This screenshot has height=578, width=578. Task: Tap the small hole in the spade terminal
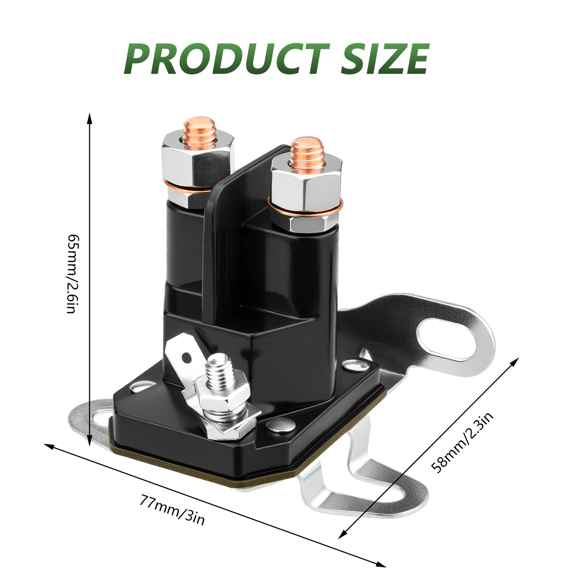[x=186, y=358]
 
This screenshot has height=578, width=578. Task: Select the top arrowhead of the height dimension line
[x=90, y=117]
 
